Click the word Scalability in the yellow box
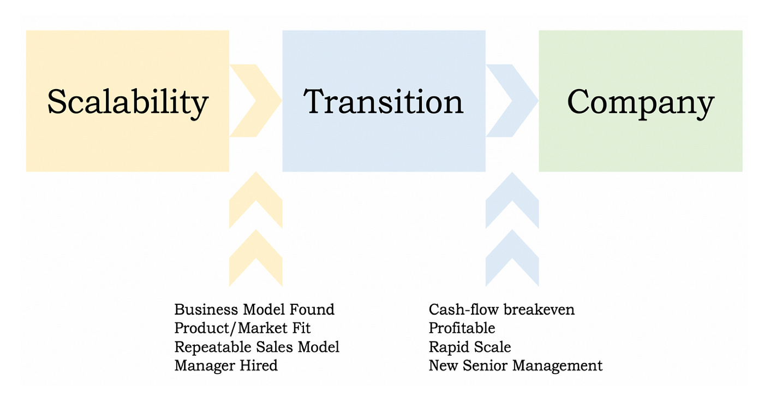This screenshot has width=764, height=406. click(x=128, y=102)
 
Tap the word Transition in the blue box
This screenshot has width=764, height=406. click(x=383, y=102)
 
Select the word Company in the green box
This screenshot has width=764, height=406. click(x=641, y=102)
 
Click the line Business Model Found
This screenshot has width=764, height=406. click(x=254, y=310)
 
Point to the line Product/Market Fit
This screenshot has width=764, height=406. click(x=242, y=328)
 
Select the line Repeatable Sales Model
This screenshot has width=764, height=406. click(x=256, y=347)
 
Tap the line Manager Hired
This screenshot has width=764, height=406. click(x=226, y=366)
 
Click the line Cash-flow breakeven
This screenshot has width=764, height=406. click(x=502, y=310)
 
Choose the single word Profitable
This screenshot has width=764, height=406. click(x=462, y=328)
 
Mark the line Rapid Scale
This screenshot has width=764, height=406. click(x=470, y=347)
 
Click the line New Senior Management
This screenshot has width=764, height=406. click(x=516, y=366)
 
